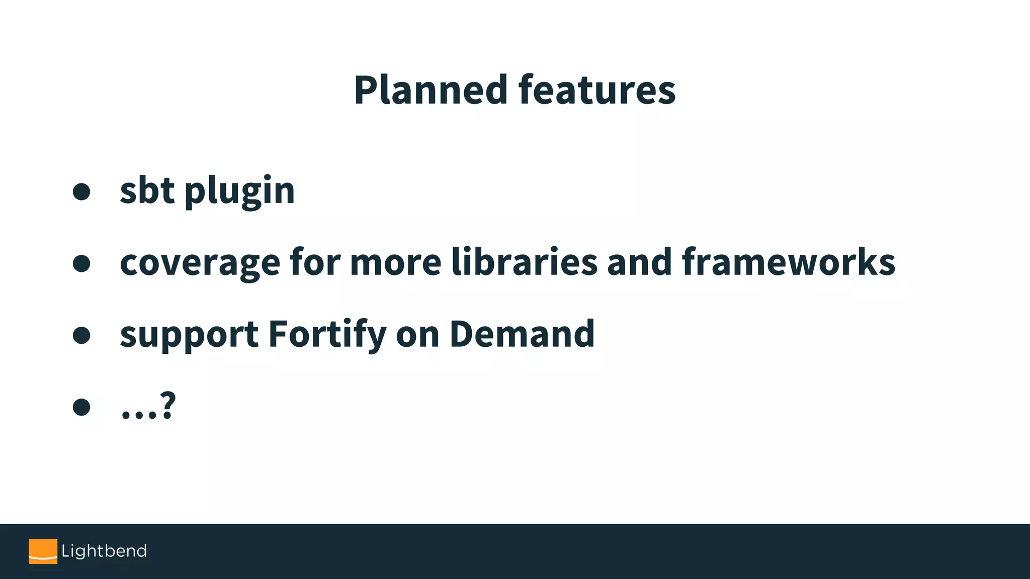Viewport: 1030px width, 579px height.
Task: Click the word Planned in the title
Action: tap(431, 90)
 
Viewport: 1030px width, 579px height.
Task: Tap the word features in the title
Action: tap(597, 90)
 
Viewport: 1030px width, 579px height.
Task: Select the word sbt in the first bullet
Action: tap(147, 190)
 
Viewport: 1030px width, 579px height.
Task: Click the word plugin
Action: tap(239, 192)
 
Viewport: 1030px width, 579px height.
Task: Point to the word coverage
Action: tap(200, 263)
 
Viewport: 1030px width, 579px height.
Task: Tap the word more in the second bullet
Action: tap(395, 263)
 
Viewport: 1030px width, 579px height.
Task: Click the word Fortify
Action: tap(327, 335)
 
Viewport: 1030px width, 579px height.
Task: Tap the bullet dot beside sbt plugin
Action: tap(81, 191)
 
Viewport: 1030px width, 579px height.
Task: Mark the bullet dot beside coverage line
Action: tap(81, 263)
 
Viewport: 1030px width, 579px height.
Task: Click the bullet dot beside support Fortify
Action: tap(81, 335)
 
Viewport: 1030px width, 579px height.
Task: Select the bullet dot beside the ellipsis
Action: tap(81, 407)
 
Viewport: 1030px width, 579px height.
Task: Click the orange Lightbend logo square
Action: tap(43, 551)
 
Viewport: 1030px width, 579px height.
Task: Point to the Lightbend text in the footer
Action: tap(104, 551)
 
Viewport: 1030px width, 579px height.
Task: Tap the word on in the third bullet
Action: tap(417, 335)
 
